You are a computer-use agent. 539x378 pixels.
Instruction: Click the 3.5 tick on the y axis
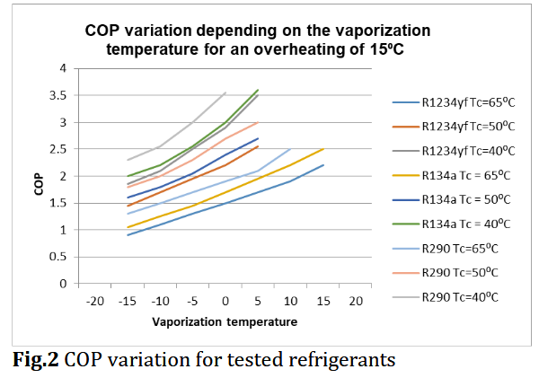tap(62, 95)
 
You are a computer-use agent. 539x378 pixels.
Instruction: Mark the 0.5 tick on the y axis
tap(62, 257)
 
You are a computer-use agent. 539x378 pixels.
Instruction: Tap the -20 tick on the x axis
tap(95, 301)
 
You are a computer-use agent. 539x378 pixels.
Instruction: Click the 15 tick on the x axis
tap(323, 301)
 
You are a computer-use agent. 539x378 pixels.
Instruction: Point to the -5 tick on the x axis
tap(192, 301)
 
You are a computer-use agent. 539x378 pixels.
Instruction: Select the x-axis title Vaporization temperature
tap(225, 320)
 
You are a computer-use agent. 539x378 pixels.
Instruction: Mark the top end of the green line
tap(258, 90)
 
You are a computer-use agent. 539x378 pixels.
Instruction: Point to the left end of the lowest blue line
tap(128, 235)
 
